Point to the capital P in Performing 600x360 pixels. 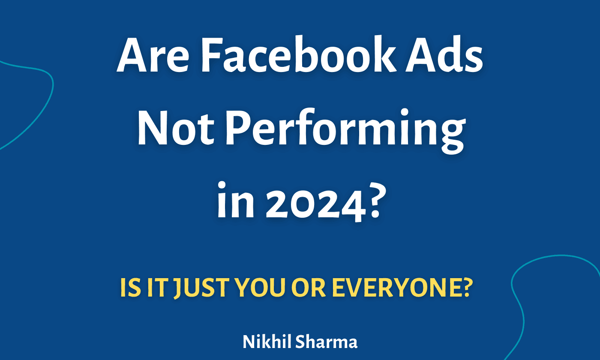tap(237, 129)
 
